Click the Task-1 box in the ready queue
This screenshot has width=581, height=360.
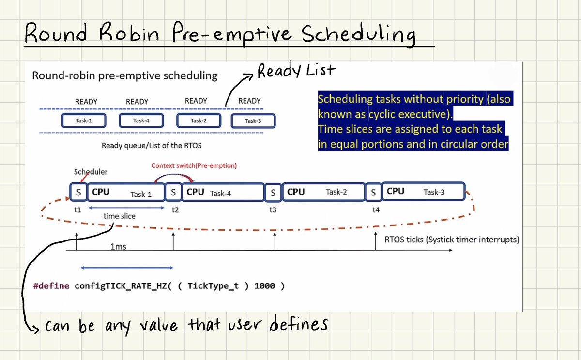(x=84, y=120)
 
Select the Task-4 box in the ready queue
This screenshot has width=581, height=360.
(x=141, y=120)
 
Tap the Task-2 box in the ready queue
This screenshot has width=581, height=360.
(x=198, y=120)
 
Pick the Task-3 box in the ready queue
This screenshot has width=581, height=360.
(x=253, y=120)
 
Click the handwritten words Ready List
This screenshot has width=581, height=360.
(x=295, y=71)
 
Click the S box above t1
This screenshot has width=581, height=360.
(x=78, y=192)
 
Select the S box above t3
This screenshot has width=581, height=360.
(x=273, y=192)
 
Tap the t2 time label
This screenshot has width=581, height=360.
(x=175, y=210)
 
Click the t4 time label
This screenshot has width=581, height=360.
(x=376, y=210)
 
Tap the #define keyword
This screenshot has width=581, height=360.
(x=52, y=285)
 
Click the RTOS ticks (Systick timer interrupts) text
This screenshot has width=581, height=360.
(x=451, y=239)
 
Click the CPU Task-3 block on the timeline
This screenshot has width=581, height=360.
(x=424, y=192)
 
